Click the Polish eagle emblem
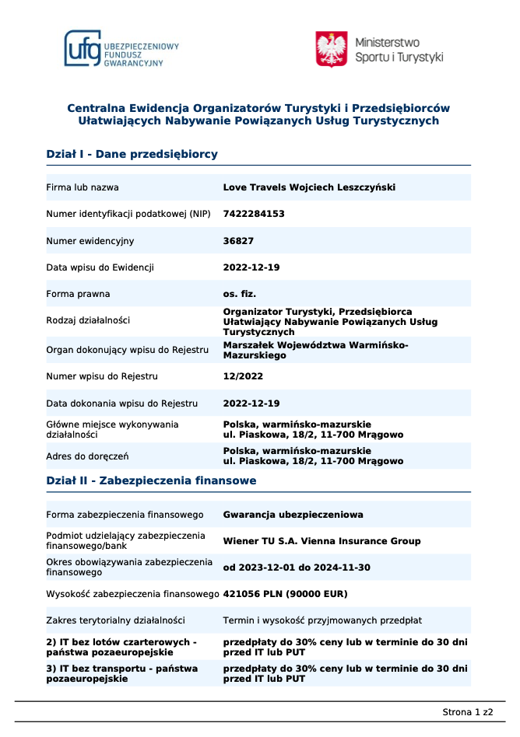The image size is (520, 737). point(331,49)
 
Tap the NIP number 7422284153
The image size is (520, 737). point(254,214)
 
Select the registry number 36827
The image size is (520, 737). point(238,241)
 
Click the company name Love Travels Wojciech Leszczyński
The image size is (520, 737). point(309,187)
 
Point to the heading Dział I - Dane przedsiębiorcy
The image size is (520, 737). point(132,154)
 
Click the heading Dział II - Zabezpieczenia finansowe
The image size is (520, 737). point(151,480)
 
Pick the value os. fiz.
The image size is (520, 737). point(240,294)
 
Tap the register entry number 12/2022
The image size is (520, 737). point(243,376)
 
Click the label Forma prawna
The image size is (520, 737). point(78,294)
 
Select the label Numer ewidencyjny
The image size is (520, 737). point(90,241)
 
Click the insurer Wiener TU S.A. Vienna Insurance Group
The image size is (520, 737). point(321,541)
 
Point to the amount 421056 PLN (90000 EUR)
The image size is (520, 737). point(285,594)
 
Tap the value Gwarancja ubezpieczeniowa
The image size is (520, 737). point(293,515)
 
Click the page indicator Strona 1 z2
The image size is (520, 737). point(468,711)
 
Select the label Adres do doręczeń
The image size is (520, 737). point(87,456)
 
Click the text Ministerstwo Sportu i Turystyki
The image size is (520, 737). point(399,49)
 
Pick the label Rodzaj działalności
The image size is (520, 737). point(88,320)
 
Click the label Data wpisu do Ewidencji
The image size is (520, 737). point(100,267)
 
